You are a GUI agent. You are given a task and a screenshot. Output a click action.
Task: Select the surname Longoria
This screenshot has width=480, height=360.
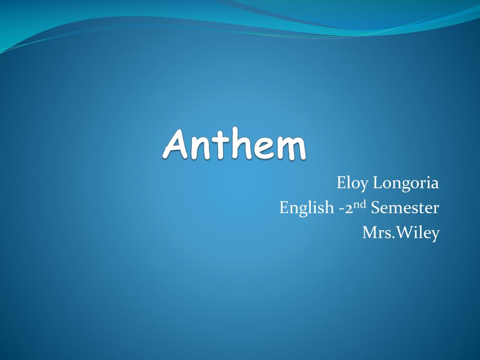click(x=406, y=183)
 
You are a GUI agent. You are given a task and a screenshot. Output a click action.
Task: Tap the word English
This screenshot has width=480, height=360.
click(x=306, y=208)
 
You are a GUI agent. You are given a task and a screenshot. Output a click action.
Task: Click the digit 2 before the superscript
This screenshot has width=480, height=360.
click(x=349, y=208)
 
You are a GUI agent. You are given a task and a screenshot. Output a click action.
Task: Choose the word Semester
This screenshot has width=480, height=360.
click(x=405, y=208)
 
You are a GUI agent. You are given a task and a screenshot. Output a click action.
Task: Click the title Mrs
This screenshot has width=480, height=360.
click(x=375, y=232)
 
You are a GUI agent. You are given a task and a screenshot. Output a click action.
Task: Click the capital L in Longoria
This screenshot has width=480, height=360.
click(x=378, y=182)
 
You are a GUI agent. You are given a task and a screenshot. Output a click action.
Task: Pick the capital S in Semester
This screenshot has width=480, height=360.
click(x=375, y=208)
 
